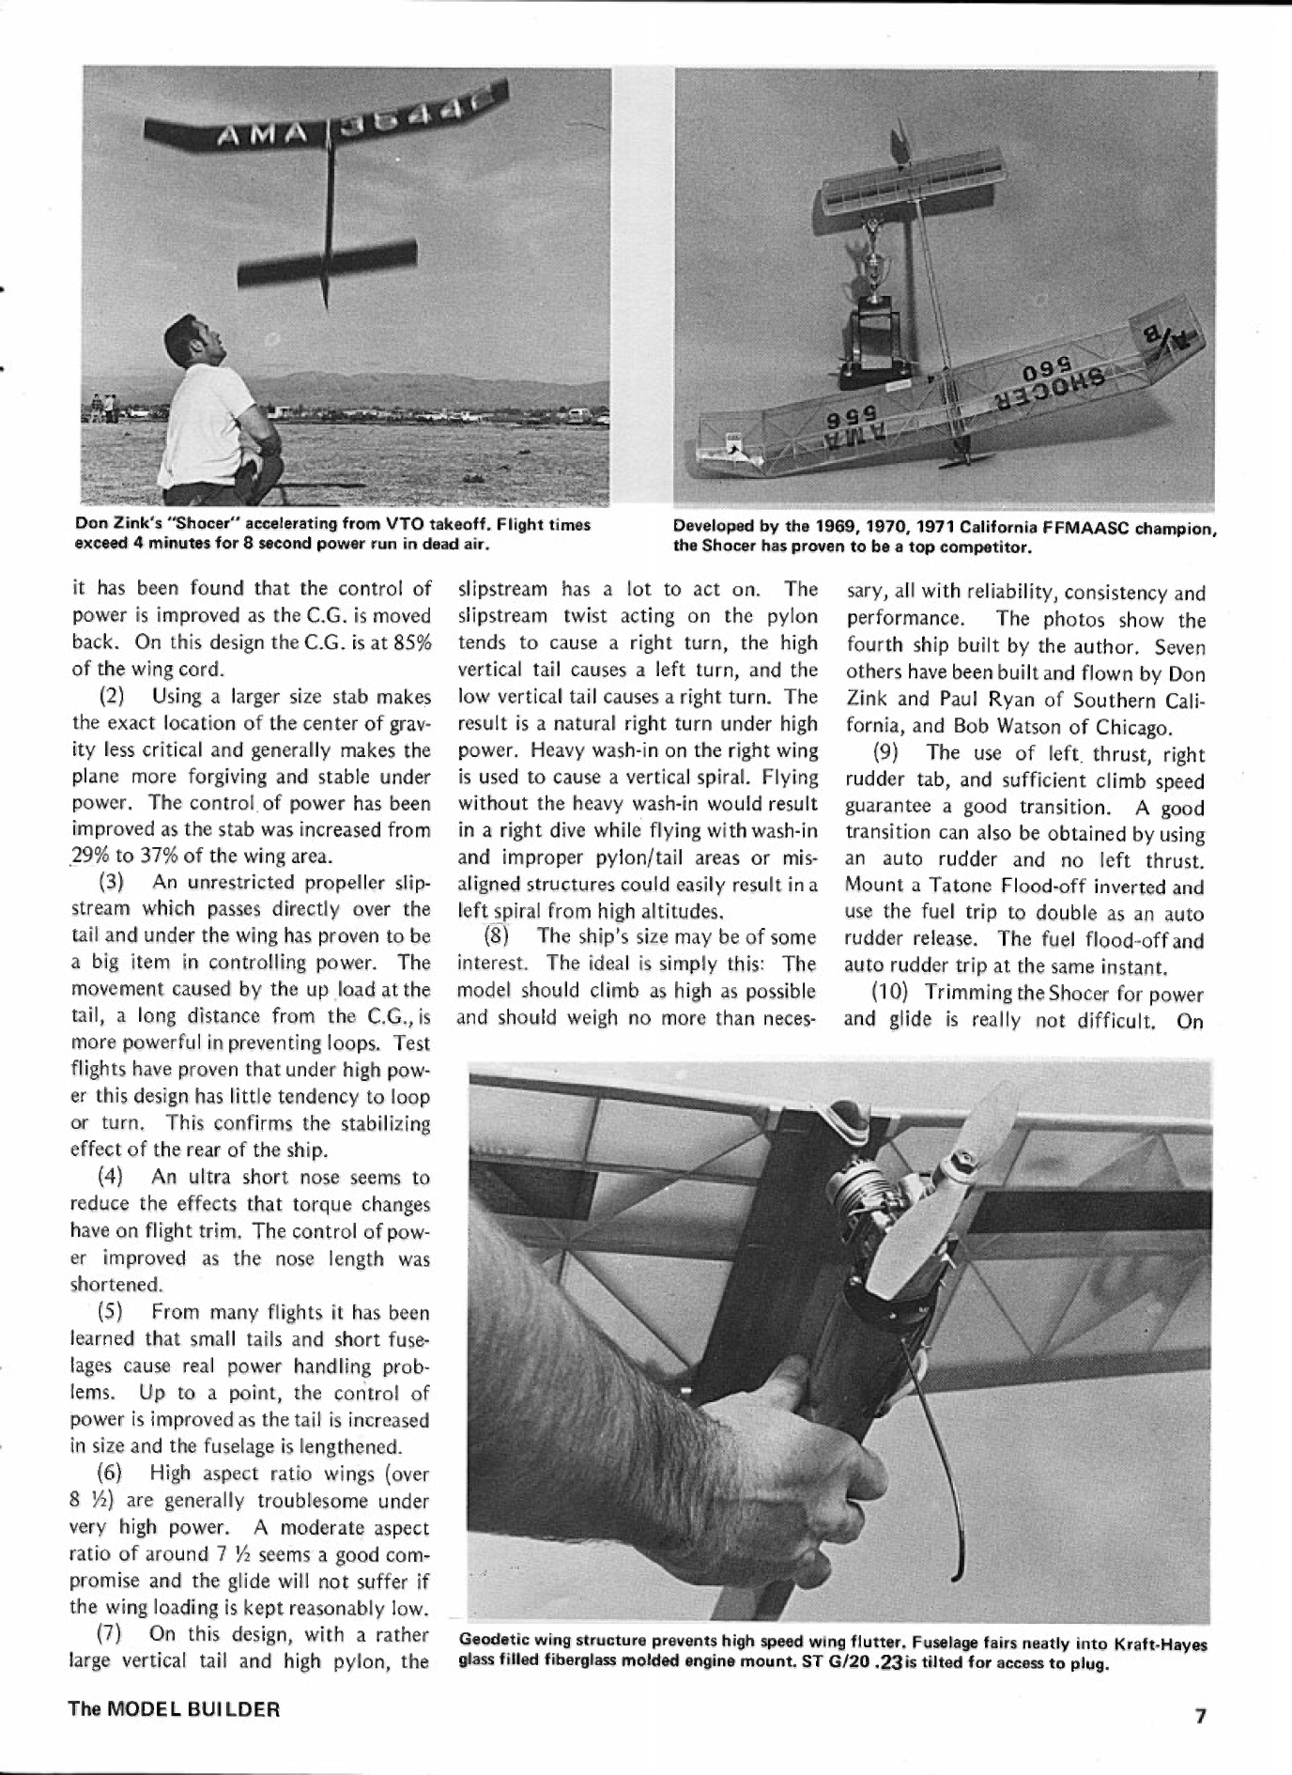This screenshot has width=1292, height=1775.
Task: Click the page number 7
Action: click(x=1199, y=1716)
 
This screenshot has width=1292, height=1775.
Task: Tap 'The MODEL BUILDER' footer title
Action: click(x=174, y=1708)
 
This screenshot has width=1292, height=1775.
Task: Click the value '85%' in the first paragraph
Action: click(x=411, y=643)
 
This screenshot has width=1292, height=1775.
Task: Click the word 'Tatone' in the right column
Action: click(x=964, y=887)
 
